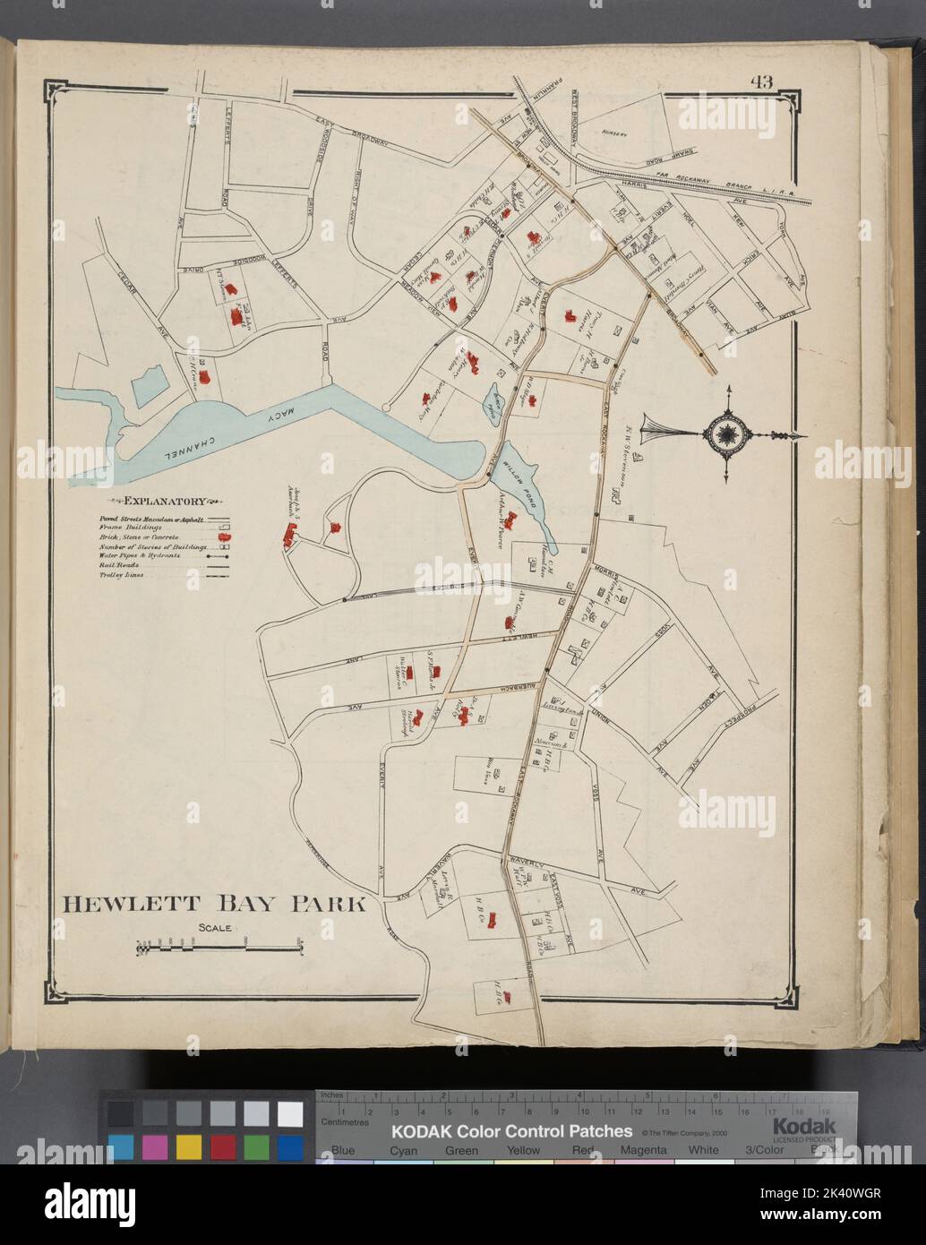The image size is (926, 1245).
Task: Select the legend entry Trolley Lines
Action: click(121, 576)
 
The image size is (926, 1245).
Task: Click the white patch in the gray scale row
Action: click(289, 1113)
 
